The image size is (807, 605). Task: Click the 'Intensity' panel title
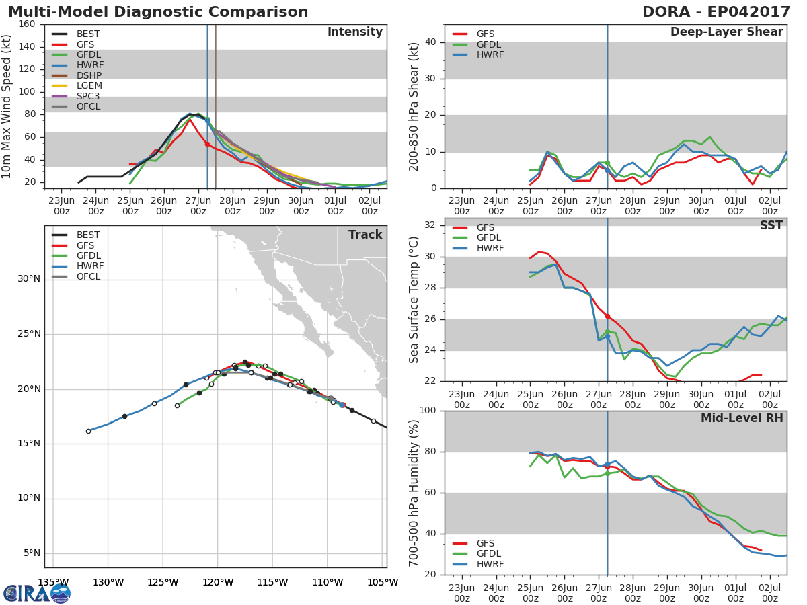tap(355, 32)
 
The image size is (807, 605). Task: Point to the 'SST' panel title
tap(771, 225)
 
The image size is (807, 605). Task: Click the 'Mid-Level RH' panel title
tap(742, 418)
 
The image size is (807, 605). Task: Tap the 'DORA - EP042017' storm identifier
tap(716, 11)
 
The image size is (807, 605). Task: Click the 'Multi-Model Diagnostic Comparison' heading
tap(158, 11)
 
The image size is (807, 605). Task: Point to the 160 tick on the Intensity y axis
tap(27, 24)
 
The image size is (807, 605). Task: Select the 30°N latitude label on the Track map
tap(29, 279)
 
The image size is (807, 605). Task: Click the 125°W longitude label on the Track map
tap(163, 583)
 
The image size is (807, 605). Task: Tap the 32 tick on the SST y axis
tap(430, 225)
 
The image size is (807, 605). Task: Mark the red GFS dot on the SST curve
tap(607, 316)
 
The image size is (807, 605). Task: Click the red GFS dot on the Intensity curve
tap(207, 145)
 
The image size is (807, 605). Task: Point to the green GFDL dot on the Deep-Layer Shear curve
tap(607, 163)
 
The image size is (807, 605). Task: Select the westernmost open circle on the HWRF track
tap(88, 432)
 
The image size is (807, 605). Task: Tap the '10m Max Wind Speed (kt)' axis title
tap(6, 106)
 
